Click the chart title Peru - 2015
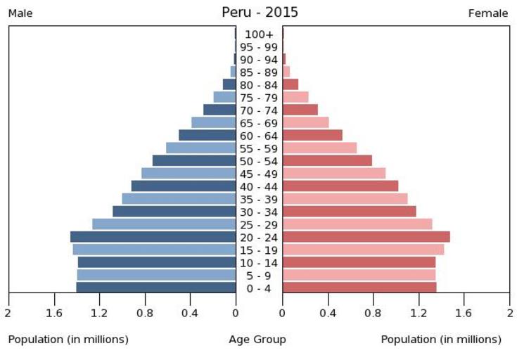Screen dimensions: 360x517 [x=260, y=12]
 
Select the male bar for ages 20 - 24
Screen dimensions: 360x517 [x=153, y=237]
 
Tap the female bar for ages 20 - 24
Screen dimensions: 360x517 [x=366, y=237]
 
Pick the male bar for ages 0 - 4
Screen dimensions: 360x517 [x=155, y=288]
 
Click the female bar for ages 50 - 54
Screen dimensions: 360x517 [x=327, y=161]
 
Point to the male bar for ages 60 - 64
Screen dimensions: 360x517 [x=207, y=136]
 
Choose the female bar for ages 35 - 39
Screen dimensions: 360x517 [x=345, y=199]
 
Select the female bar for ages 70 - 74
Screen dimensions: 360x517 [x=300, y=110]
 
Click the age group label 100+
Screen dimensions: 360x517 [x=259, y=34]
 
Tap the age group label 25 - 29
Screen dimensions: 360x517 [x=259, y=225]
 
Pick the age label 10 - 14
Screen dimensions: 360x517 [x=259, y=263]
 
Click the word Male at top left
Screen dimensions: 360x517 [x=20, y=13]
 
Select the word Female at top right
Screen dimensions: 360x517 [x=487, y=13]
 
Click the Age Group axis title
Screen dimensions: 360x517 [x=257, y=340]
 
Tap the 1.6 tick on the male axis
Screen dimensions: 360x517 [x=53, y=313]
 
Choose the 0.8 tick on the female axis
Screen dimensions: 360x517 [x=374, y=313]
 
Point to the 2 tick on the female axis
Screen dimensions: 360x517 [x=509, y=313]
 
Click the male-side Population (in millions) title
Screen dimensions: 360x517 [x=68, y=340]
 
